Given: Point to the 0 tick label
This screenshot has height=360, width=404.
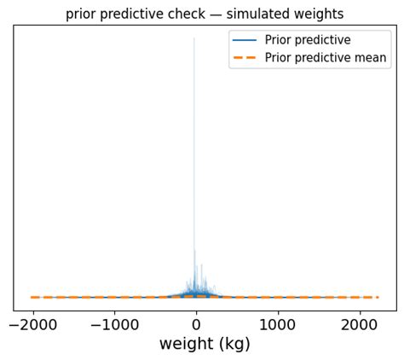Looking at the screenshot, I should (196, 324).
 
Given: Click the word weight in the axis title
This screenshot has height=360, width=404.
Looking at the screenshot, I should (185, 345).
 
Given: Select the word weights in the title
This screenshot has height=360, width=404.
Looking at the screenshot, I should (315, 15).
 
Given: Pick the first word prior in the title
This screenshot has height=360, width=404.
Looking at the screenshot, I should (81, 15).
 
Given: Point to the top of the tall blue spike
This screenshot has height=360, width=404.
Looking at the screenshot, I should (193, 38).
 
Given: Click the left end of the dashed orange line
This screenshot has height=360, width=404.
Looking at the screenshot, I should (31, 297).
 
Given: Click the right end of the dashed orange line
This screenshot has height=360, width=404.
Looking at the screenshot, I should (378, 297).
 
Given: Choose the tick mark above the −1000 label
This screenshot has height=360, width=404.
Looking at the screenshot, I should (114, 313).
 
